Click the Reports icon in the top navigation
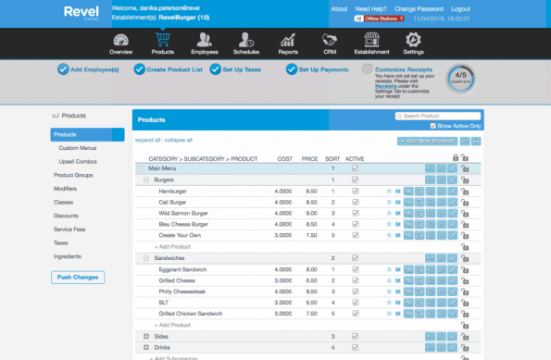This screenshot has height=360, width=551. coord(289,43)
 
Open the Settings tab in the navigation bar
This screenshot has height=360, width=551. coord(414,43)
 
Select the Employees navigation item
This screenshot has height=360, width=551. coord(204,43)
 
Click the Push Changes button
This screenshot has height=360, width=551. coord(78,277)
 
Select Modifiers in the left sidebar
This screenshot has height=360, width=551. coord(67,188)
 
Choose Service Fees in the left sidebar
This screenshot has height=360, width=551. coord(70,228)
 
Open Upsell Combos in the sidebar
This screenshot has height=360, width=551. coord(79,161)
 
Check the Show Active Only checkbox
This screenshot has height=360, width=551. coord(433,126)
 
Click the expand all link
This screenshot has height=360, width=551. coord(147,140)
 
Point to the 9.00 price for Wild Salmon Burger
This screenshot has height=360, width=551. coord(311,213)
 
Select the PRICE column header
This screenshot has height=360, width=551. coord(309,158)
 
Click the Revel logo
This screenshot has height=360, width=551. coord(82,13)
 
